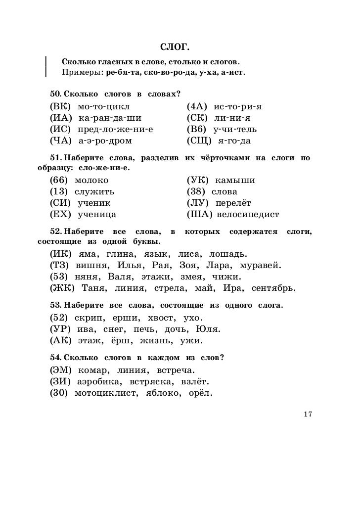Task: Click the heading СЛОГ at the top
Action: pyautogui.click(x=176, y=47)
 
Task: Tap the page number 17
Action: pyautogui.click(x=308, y=414)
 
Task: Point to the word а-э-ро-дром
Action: pyautogui.click(x=105, y=141)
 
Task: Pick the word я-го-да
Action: pyautogui.click(x=234, y=141)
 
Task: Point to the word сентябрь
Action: pyautogui.click(x=273, y=288)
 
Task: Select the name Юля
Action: pyautogui.click(x=209, y=329)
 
